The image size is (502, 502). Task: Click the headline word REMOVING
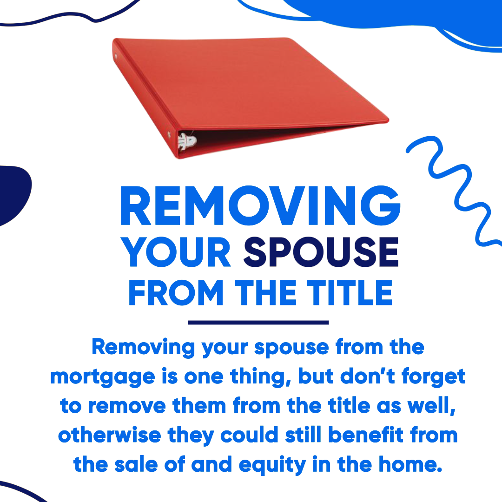[x=260, y=205]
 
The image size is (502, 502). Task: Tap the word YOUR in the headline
[x=176, y=252]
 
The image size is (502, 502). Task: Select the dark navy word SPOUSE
[x=321, y=252]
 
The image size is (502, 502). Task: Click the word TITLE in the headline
[x=350, y=293]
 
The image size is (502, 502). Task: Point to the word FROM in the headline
[x=176, y=293]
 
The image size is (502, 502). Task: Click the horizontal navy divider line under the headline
[x=258, y=323]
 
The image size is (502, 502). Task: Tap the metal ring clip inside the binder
[x=187, y=141]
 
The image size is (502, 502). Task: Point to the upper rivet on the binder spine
[x=116, y=56]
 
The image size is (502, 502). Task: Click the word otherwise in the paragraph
[x=110, y=435]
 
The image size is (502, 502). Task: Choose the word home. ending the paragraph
[x=411, y=464]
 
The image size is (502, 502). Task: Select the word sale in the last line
[x=136, y=464]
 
